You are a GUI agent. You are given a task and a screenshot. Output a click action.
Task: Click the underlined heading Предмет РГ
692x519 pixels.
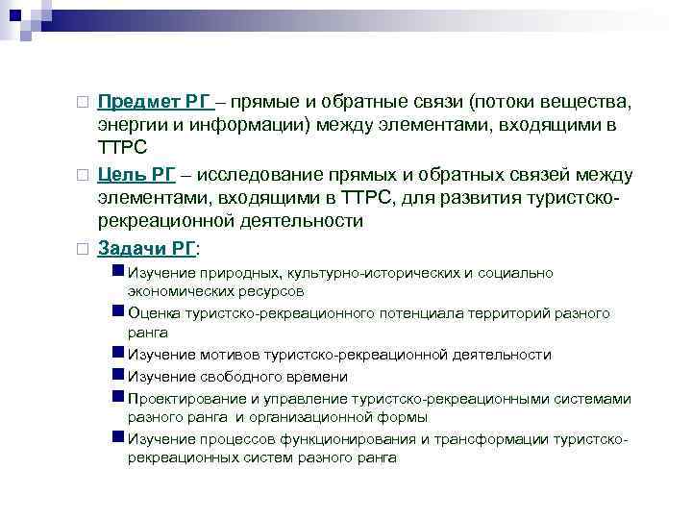(152, 102)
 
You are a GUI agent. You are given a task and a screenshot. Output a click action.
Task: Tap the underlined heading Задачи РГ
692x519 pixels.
(145, 247)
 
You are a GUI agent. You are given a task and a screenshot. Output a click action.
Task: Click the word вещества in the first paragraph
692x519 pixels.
(584, 102)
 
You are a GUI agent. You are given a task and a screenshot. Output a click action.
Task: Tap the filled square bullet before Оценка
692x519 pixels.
(118, 312)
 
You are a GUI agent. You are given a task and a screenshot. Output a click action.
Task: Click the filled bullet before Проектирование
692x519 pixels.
(118, 397)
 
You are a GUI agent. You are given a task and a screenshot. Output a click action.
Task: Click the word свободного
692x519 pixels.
(235, 377)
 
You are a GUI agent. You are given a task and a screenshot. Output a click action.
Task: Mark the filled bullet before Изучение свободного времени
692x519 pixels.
(118, 376)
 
